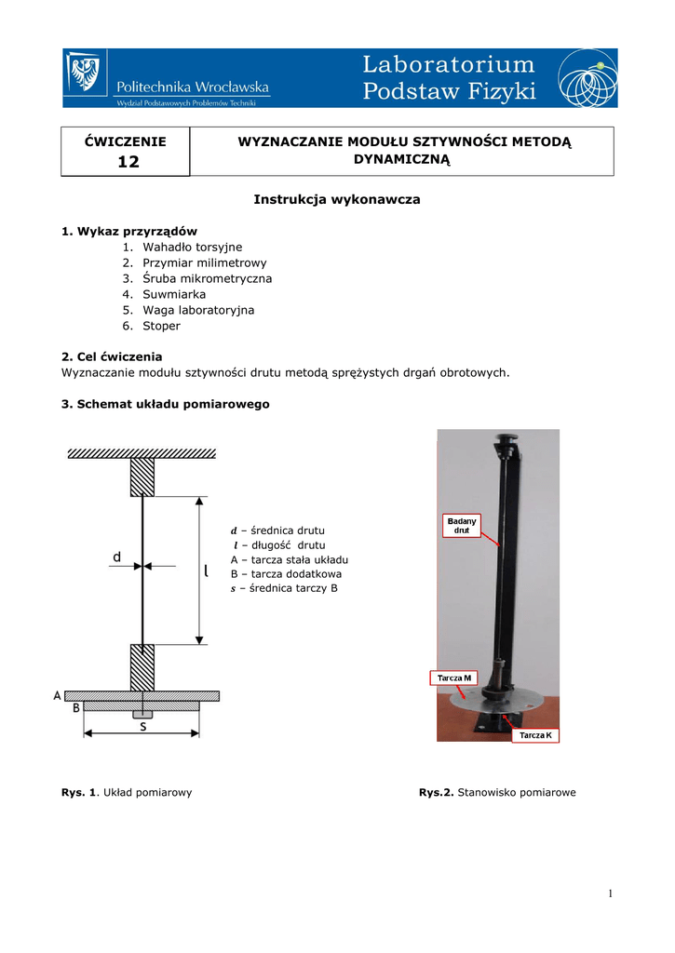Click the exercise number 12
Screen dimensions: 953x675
pos(128,163)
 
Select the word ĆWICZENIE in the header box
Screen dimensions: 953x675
pos(126,141)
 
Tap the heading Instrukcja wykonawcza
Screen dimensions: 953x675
pos(337,199)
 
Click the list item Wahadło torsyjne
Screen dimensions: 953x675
pos(192,247)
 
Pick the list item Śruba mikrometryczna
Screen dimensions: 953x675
pos(207,278)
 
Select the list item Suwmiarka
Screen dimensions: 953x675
pos(174,294)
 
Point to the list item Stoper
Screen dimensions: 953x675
pos(161,326)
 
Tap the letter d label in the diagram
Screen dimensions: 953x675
pos(116,557)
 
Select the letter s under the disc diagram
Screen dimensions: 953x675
pos(142,727)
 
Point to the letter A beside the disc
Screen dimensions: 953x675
pos(58,695)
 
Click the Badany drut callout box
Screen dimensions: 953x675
pos(461,525)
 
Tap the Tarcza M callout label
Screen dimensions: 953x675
pos(454,678)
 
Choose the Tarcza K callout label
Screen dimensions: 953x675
pos(535,735)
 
